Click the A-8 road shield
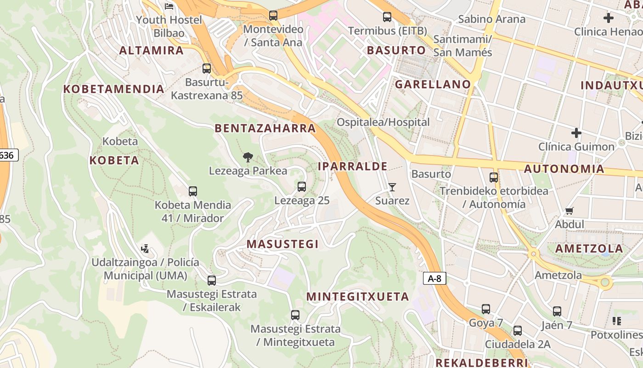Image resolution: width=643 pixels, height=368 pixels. [434, 278]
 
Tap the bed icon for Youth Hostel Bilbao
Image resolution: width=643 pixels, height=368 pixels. [169, 6]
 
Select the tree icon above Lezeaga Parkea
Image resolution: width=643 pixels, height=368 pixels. [248, 157]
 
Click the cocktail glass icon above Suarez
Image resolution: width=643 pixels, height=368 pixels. [392, 187]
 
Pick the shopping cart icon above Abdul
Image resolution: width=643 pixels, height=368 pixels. [570, 211]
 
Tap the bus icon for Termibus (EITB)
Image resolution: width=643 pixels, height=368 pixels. [387, 17]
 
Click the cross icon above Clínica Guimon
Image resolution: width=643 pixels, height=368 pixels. [576, 133]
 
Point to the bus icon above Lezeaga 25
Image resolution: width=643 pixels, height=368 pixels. [302, 187]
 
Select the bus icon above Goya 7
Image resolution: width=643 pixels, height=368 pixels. [486, 309]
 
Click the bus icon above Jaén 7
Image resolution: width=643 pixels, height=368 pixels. [557, 311]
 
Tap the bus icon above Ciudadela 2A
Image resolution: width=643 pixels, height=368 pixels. [518, 331]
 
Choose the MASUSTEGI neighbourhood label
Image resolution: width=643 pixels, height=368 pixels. [282, 244]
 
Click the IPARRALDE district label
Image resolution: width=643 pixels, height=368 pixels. [352, 167]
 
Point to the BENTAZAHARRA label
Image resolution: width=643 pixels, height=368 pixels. [265, 128]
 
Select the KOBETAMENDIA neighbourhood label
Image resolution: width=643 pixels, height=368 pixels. [113, 89]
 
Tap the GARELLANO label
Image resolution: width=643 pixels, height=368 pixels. [433, 84]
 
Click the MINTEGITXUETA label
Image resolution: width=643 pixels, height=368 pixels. [357, 297]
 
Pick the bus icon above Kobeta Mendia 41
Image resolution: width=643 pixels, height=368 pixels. [193, 191]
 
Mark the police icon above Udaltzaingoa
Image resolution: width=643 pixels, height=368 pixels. [145, 249]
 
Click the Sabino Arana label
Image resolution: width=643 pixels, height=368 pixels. [491, 19]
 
